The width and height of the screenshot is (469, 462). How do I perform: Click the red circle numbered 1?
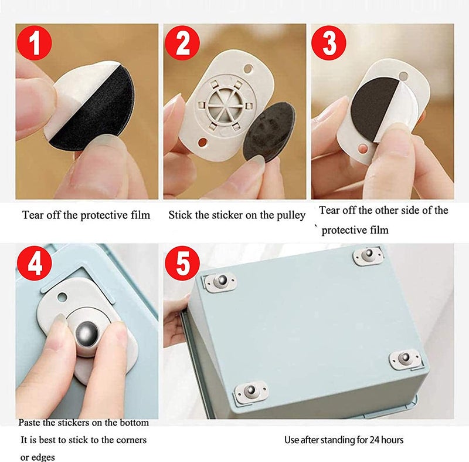tap(35, 43)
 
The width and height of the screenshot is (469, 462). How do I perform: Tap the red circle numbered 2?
tap(182, 43)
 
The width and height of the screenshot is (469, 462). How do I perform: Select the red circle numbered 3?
tap(329, 43)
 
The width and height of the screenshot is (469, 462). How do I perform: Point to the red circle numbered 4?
tap(35, 263)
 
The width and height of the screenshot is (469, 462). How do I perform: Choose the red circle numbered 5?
tap(182, 263)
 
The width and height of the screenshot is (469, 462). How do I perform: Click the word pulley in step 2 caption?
tap(290, 215)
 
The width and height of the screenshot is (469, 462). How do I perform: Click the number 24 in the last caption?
tap(373, 440)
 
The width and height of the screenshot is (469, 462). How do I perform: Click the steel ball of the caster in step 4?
tap(87, 333)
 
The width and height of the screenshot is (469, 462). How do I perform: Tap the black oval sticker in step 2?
tap(269, 131)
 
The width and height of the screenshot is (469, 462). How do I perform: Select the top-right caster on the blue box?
tap(368, 256)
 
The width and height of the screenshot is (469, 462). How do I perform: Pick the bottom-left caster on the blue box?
tap(251, 391)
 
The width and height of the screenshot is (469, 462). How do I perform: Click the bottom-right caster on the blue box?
tap(406, 358)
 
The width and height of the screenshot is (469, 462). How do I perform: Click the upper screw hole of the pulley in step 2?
tap(248, 69)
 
